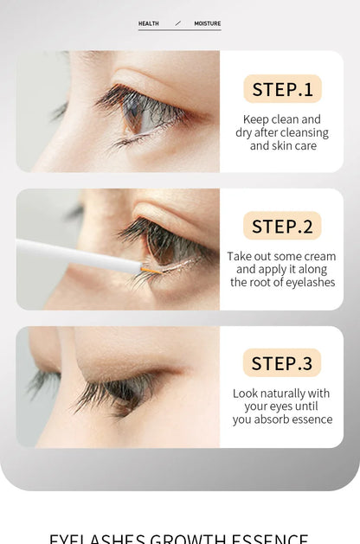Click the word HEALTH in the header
tap(148, 23)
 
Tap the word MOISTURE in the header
tap(207, 23)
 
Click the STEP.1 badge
tap(282, 88)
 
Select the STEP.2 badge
tap(282, 226)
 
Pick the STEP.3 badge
tap(282, 363)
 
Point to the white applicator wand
tap(78, 256)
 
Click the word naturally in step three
tap(282, 394)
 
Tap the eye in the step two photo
tap(160, 245)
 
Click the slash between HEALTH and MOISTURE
tap(177, 23)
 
